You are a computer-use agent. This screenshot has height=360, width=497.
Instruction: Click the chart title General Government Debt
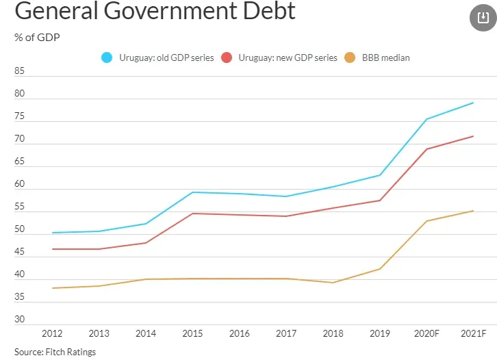(155, 12)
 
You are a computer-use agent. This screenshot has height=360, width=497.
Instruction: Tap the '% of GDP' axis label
(37, 37)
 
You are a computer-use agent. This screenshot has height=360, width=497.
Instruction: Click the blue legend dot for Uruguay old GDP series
(107, 58)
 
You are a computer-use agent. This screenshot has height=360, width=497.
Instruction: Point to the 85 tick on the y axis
(19, 70)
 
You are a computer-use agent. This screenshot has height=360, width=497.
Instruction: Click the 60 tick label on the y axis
(19, 184)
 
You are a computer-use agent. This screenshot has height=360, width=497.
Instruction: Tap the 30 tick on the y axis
(19, 320)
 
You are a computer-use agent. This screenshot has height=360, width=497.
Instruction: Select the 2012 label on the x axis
(52, 333)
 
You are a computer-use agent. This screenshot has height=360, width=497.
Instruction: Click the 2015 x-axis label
(192, 333)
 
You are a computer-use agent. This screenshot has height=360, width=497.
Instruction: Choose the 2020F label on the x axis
(427, 333)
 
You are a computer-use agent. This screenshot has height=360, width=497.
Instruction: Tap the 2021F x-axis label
(473, 333)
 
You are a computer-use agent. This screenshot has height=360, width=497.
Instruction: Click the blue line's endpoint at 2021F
(473, 103)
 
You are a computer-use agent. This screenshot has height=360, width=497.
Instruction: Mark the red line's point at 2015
(192, 214)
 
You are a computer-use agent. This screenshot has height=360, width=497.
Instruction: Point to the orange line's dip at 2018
(333, 283)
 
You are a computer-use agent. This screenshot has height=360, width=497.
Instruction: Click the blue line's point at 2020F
(426, 120)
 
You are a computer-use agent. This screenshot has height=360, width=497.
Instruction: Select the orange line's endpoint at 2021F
(473, 211)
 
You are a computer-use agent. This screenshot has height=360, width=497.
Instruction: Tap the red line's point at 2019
(380, 201)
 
